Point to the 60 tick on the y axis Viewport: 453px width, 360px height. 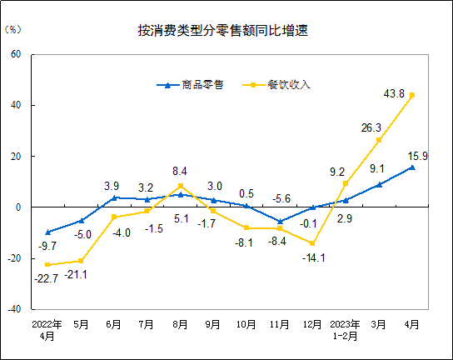tap(16, 55)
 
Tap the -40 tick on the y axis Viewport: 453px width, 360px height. tap(14, 308)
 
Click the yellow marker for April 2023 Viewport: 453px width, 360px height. tap(411, 95)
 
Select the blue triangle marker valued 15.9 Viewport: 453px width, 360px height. tap(411, 167)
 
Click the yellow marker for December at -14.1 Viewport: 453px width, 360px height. tap(312, 243)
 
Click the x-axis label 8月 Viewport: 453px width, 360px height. tap(181, 323)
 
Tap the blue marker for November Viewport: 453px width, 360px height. tap(280, 222)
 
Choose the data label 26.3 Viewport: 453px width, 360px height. tap(371, 127)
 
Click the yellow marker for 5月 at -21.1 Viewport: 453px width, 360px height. tap(82, 261)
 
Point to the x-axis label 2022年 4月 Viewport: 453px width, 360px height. tap(47, 328)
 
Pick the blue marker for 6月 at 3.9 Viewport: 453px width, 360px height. tap(114, 197)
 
